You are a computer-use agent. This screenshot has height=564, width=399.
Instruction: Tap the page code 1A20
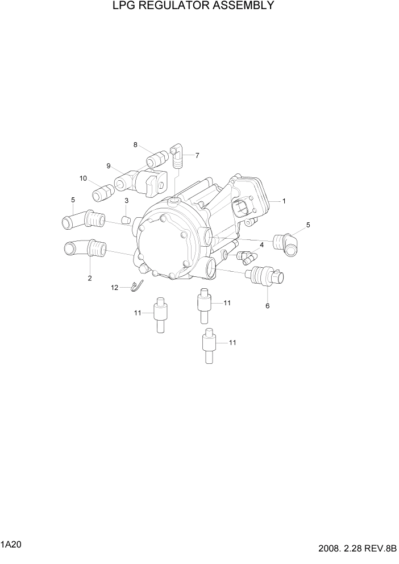pyautogui.click(x=11, y=545)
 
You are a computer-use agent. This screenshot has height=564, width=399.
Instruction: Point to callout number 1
pyautogui.click(x=284, y=201)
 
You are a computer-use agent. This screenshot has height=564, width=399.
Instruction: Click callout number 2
pyautogui.click(x=90, y=278)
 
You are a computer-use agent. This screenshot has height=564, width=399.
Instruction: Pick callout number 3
pyautogui.click(x=126, y=201)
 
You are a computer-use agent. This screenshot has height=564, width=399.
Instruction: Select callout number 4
pyautogui.click(x=261, y=245)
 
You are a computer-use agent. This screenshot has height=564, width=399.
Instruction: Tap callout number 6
pyautogui.click(x=268, y=306)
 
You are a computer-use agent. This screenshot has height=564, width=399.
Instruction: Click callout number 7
pyautogui.click(x=197, y=155)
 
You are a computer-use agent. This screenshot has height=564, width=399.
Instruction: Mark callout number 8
pyautogui.click(x=135, y=144)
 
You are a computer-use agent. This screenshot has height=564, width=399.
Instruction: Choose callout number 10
pyautogui.click(x=83, y=178)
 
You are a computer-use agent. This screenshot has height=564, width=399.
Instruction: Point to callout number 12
pyautogui.click(x=114, y=288)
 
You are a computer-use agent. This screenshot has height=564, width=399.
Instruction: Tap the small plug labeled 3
pyautogui.click(x=128, y=218)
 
